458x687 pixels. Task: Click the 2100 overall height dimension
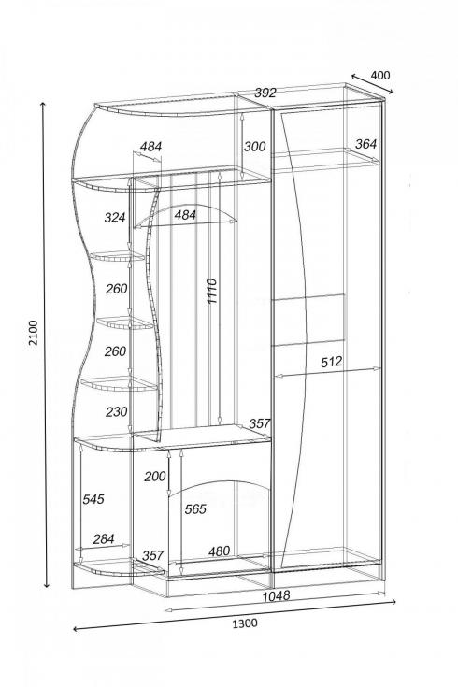tap(34, 333)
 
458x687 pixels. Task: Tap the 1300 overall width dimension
tap(245, 623)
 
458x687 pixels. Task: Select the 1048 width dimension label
tap(276, 596)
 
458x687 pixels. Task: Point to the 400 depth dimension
tap(380, 76)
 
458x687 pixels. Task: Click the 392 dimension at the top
tap(265, 93)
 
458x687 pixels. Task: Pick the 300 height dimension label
tap(254, 147)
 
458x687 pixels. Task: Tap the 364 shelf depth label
tap(365, 144)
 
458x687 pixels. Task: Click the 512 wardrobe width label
tap(331, 362)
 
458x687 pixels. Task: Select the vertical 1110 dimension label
tap(211, 291)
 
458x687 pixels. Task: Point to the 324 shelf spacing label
tap(115, 217)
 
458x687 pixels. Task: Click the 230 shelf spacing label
tap(116, 411)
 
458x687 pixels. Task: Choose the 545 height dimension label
tap(93, 498)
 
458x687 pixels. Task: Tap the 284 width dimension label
tap(104, 539)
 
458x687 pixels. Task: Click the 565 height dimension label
tap(195, 508)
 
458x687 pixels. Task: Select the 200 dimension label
tap(155, 477)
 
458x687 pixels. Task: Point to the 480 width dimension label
tap(219, 551)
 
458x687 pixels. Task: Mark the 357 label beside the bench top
tap(260, 423)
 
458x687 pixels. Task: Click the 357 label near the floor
tap(152, 555)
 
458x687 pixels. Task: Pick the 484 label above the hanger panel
tap(150, 147)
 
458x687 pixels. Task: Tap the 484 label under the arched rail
tap(185, 215)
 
